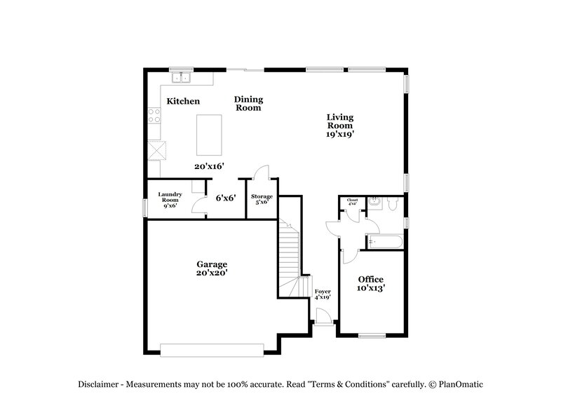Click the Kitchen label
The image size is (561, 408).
[x=183, y=102]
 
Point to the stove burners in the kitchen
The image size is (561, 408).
[x=154, y=116]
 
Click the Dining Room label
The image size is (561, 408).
[x=248, y=104]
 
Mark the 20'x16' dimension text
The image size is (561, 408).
[x=209, y=167]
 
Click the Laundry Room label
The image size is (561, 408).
[x=170, y=200]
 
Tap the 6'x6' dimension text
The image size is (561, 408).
[x=225, y=198]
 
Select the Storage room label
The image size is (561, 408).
[x=262, y=197]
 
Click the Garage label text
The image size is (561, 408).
[x=211, y=264]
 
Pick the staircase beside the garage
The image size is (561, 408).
[x=290, y=256]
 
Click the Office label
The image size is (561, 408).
[x=371, y=279]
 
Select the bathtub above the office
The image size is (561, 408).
[x=384, y=243]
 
